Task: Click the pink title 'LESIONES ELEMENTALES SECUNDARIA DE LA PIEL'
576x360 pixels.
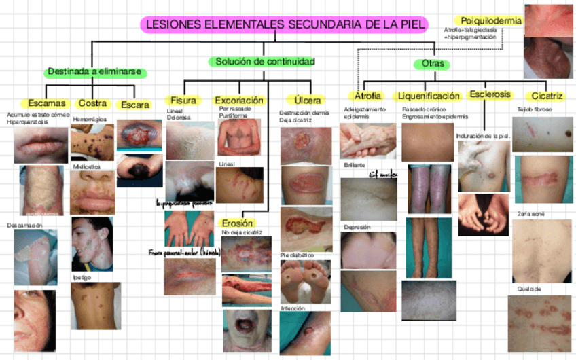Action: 285,24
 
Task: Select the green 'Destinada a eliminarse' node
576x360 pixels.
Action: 98,71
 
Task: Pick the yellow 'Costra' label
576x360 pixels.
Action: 92,103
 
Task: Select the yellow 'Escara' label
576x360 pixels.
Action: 134,105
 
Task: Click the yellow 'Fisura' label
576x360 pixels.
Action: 183,101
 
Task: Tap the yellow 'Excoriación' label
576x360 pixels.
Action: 238,101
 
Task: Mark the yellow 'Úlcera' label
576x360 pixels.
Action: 303,101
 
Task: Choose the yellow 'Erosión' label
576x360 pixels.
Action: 237,223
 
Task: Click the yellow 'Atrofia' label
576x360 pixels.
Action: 367,96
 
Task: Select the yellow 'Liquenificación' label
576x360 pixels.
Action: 429,96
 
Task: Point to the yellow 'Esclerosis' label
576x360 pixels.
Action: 490,94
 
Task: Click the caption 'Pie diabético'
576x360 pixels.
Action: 296,255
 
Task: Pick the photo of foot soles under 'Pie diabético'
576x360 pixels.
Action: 305,281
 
